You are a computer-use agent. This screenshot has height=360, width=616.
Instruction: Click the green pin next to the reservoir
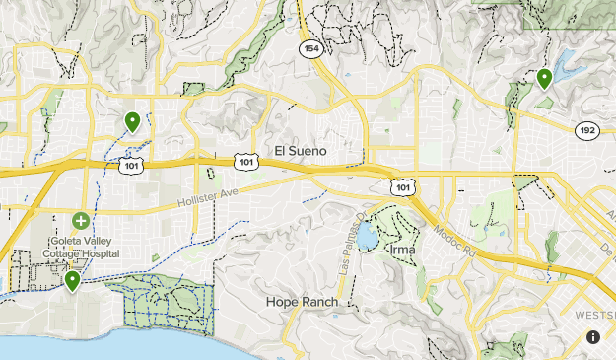543,79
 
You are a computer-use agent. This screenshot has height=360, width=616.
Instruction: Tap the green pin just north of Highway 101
132,122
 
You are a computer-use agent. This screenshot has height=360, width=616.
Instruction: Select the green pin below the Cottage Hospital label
72,282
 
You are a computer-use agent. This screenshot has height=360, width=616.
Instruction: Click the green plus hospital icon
80,220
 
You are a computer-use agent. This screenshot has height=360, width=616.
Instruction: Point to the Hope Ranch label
302,301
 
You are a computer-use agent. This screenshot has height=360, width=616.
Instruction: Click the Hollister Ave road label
210,197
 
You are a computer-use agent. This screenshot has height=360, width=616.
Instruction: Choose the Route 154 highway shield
311,49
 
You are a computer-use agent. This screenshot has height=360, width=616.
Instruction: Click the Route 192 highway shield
586,129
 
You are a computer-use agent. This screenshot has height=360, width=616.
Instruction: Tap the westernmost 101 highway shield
132,165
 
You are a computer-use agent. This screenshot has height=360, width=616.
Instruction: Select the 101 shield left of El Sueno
246,159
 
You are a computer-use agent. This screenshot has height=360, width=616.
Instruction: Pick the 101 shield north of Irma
400,184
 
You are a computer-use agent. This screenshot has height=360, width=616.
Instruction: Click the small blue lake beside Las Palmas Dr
367,237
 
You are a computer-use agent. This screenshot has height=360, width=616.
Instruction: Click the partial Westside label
593,314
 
